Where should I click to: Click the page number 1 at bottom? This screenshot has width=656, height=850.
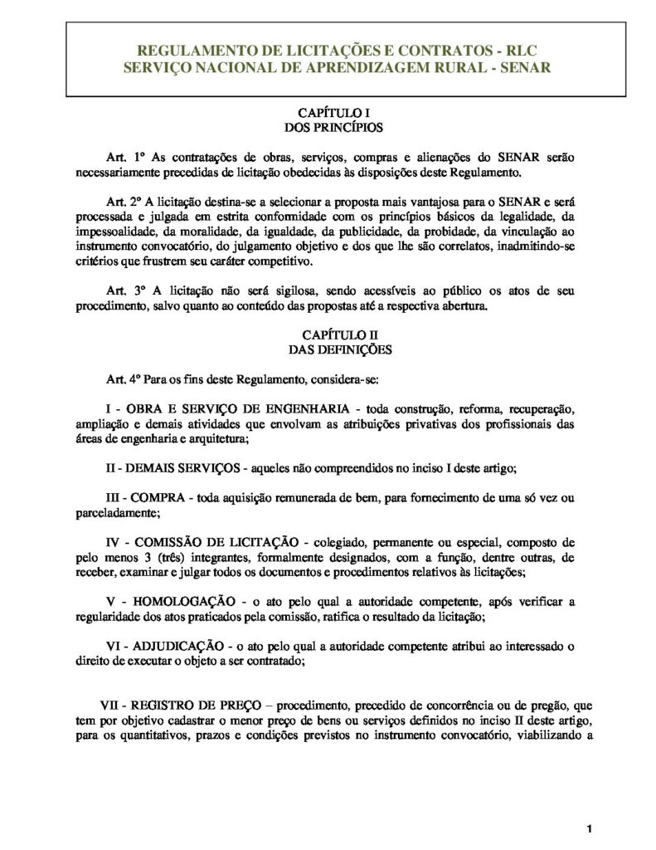tap(588, 828)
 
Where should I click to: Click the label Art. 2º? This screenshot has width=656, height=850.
tap(126, 201)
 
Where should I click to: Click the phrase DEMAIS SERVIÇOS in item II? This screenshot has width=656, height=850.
tap(182, 468)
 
